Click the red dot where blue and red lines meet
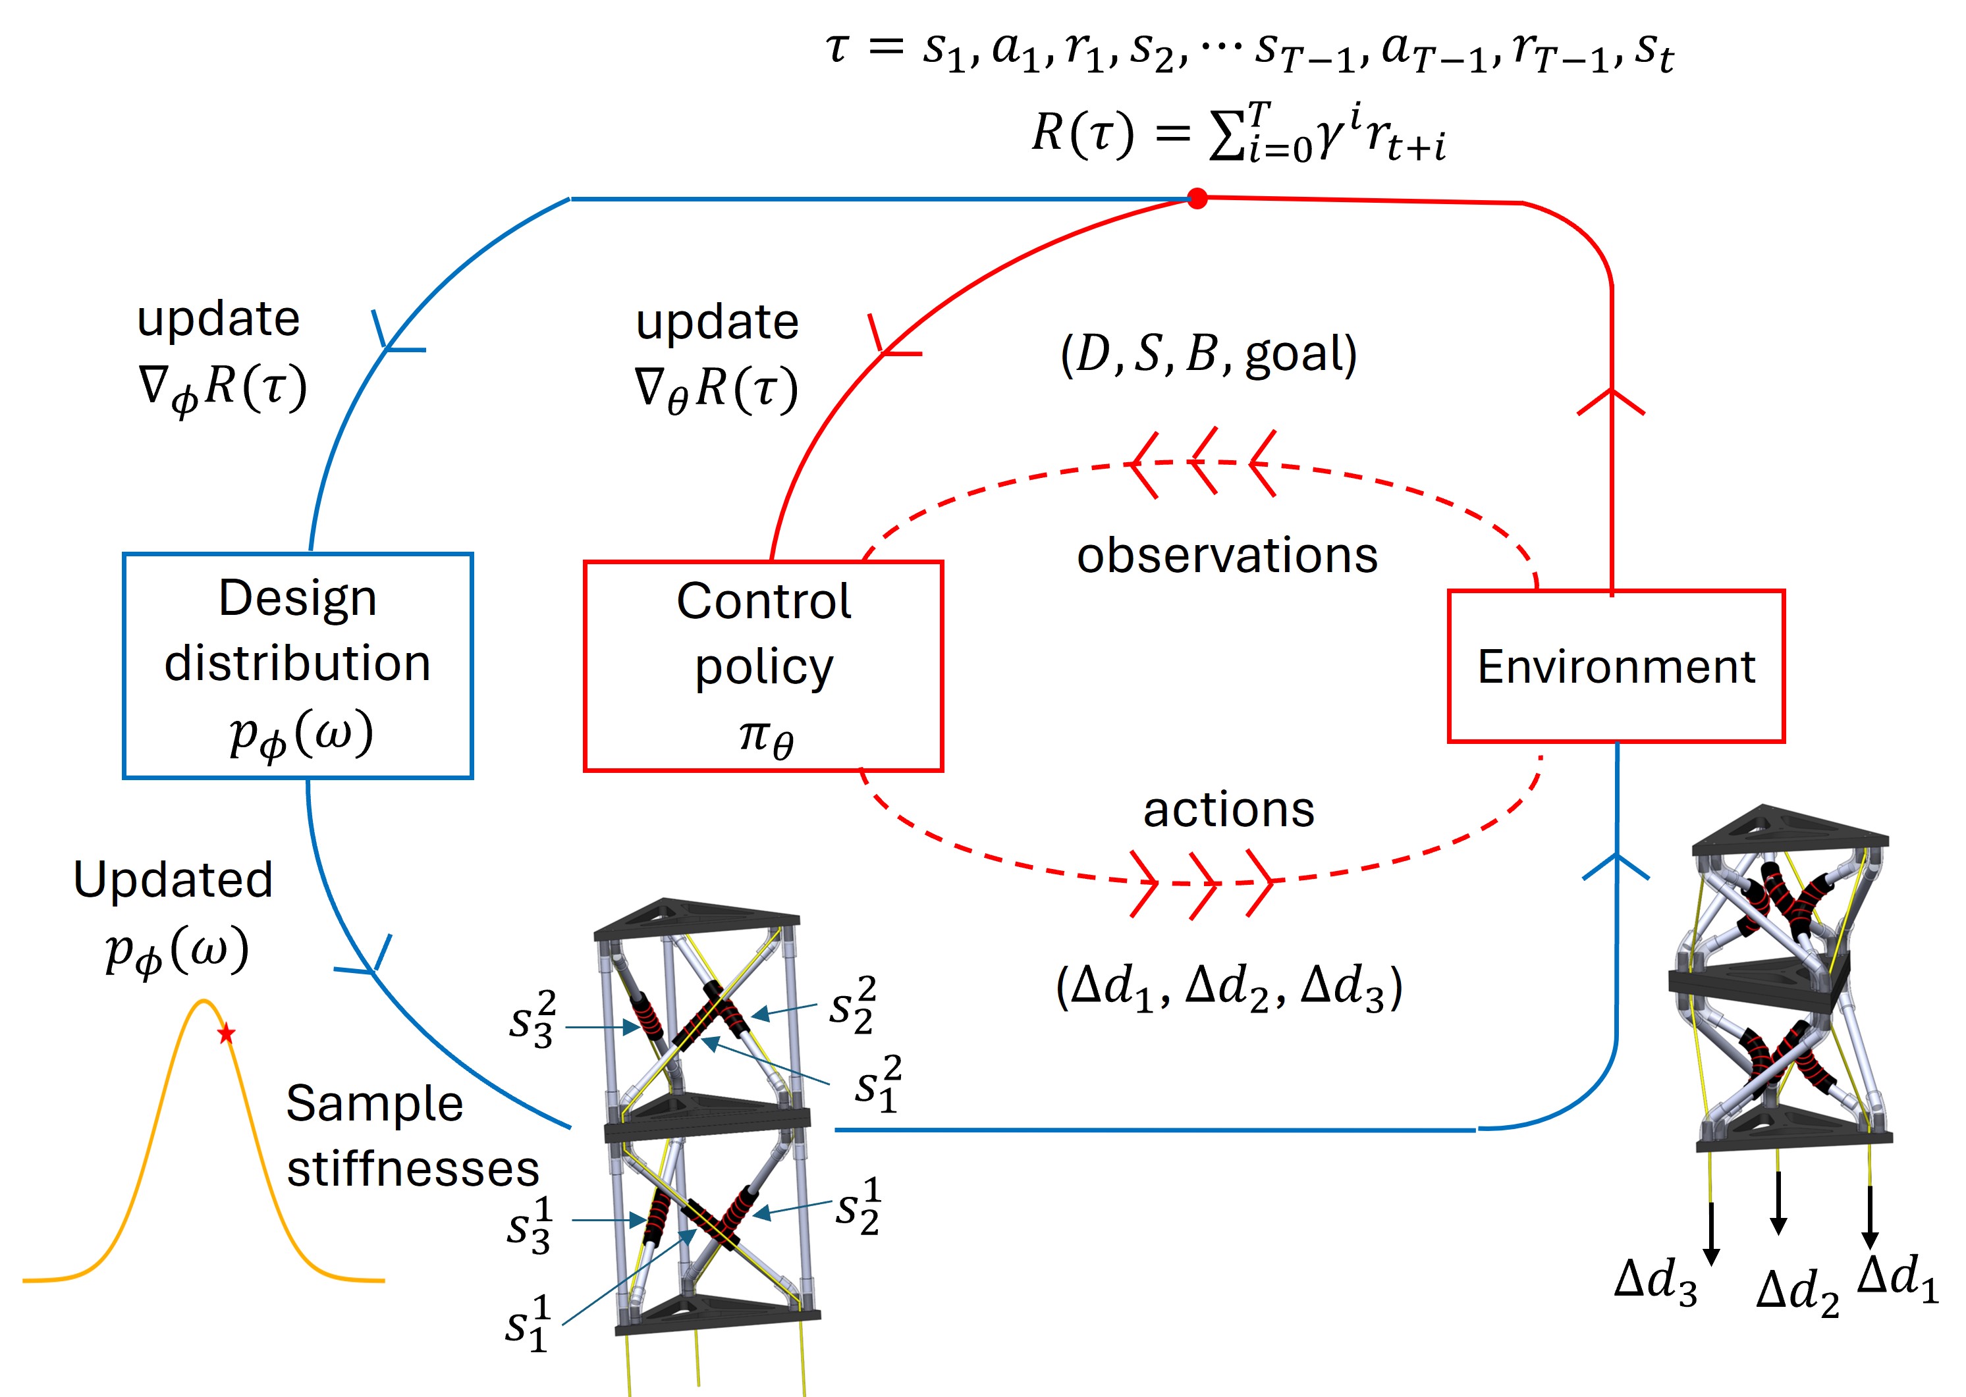[x=1197, y=199]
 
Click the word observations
[x=1227, y=555]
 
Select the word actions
[x=1228, y=810]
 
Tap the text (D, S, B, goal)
[x=1208, y=354]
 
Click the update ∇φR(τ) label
[x=222, y=356]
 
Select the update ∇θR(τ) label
[x=717, y=358]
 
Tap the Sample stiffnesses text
[x=413, y=1136]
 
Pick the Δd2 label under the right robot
[x=1797, y=1292]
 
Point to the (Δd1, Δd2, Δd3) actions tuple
[x=1228, y=987]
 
